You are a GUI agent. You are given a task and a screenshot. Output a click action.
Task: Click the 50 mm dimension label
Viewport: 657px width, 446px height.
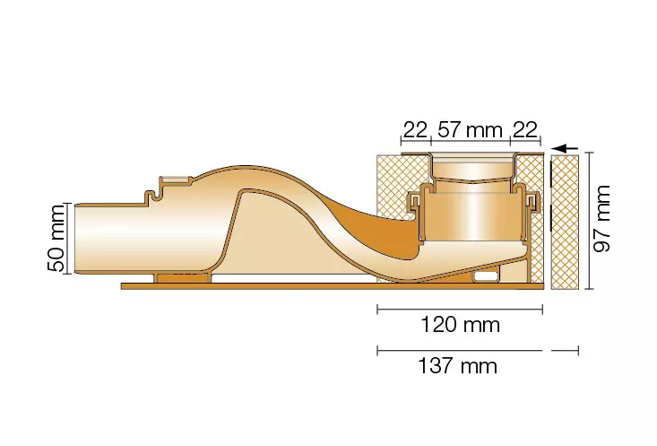pyautogui.click(x=56, y=239)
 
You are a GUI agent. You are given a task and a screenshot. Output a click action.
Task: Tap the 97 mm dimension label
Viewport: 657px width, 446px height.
pyautogui.click(x=602, y=219)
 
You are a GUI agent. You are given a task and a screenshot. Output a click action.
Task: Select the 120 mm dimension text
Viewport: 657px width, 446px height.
pyautogui.click(x=460, y=325)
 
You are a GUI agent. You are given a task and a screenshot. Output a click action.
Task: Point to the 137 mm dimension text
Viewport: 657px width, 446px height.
pyautogui.click(x=457, y=366)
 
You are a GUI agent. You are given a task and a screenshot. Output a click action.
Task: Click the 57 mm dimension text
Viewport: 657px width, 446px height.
pyautogui.click(x=470, y=130)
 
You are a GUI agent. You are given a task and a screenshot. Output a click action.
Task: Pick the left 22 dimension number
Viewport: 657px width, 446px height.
pyautogui.click(x=415, y=130)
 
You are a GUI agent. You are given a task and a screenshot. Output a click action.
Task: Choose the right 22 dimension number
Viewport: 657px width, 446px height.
pyautogui.click(x=524, y=130)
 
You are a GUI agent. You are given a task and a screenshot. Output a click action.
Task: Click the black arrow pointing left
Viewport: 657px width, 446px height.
pyautogui.click(x=565, y=148)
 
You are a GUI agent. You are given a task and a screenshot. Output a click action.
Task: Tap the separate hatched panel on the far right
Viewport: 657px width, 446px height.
pyautogui.click(x=566, y=222)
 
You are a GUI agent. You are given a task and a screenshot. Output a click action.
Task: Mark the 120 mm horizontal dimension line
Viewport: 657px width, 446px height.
pyautogui.click(x=460, y=310)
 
